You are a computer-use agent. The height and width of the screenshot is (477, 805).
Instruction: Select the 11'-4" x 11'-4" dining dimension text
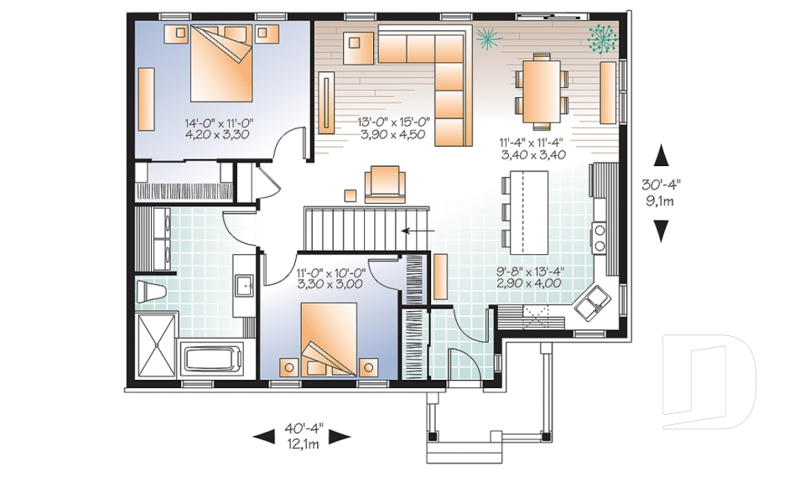pyautogui.click(x=532, y=148)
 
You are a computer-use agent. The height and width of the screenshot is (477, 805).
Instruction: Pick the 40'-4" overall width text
pyautogui.click(x=302, y=428)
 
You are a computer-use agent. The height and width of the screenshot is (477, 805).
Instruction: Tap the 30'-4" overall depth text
pyautogui.click(x=662, y=192)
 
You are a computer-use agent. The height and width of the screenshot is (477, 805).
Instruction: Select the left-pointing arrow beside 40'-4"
pyautogui.click(x=263, y=436)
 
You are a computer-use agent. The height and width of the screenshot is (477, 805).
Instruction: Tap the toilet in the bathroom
pyautogui.click(x=152, y=290)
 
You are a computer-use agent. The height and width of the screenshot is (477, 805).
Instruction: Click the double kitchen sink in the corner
pyautogui.click(x=596, y=300)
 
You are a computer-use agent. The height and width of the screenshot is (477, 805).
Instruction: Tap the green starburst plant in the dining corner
pyautogui.click(x=602, y=38)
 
